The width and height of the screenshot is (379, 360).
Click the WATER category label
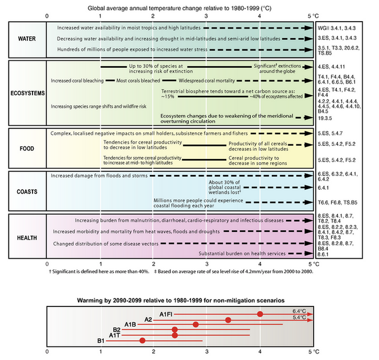click(x=27, y=39)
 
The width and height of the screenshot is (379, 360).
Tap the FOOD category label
click(x=27, y=149)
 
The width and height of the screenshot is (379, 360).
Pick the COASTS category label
click(x=27, y=191)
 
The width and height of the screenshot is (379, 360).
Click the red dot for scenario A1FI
click(x=260, y=314)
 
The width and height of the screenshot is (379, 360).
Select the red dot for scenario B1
click(x=142, y=341)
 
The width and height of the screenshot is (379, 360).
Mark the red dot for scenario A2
click(x=228, y=320)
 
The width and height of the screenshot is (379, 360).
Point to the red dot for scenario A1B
click(x=195, y=325)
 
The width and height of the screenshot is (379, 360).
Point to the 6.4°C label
click(x=299, y=311)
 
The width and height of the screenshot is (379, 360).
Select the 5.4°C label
click(x=299, y=317)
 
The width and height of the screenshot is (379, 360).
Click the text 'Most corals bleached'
click(x=138, y=81)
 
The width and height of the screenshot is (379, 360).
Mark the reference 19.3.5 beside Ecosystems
click(x=327, y=118)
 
